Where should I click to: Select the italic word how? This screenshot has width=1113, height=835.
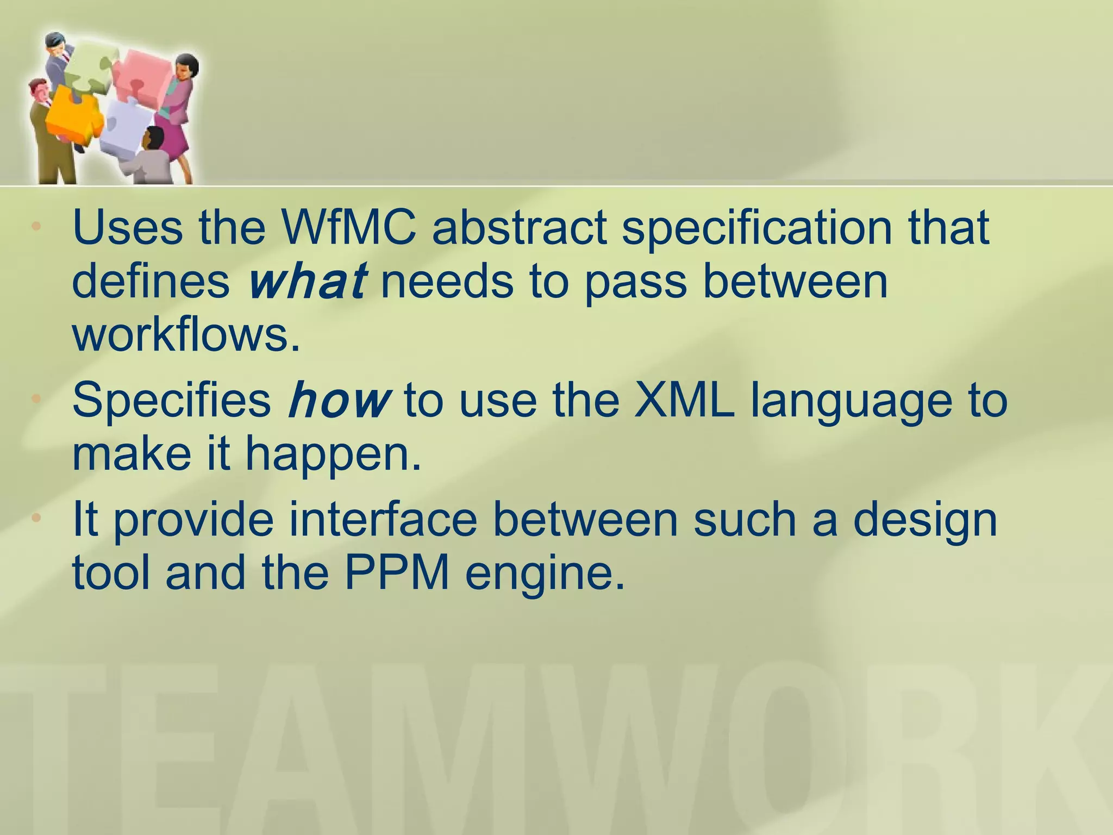(339, 401)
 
